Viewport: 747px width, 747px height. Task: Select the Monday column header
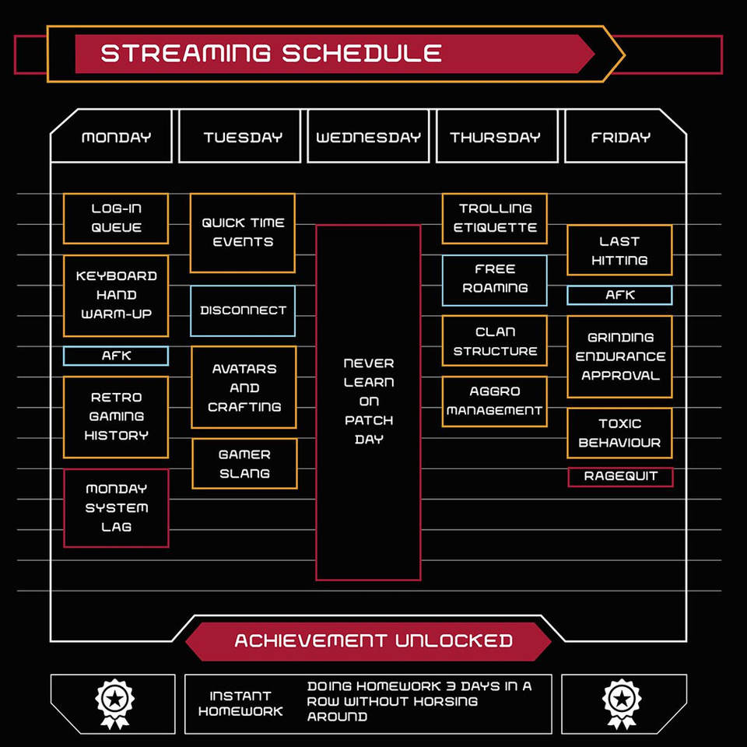point(116,138)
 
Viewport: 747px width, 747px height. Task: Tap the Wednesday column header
point(368,138)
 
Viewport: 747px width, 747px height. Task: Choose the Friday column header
point(620,138)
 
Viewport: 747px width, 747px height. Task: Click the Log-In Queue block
point(116,219)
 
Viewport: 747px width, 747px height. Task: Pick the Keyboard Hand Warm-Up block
point(116,296)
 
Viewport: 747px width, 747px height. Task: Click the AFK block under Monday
point(116,356)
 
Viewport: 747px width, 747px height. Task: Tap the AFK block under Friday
point(619,296)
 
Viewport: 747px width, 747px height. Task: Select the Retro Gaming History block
point(116,416)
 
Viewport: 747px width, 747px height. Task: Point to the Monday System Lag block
point(116,507)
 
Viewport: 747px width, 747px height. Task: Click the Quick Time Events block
point(243,233)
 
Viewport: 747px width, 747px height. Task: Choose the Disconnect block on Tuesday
point(243,310)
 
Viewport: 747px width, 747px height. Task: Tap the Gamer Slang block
point(244,464)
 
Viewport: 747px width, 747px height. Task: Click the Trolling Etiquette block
point(495,219)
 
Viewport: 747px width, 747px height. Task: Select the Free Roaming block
point(495,279)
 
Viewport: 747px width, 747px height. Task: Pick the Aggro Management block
point(495,402)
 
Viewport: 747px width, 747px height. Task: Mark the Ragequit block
point(620,476)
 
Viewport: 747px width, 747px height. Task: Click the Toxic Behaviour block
point(619,433)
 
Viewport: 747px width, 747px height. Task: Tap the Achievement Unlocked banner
point(373,641)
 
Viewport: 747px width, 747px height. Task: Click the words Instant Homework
point(240,703)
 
